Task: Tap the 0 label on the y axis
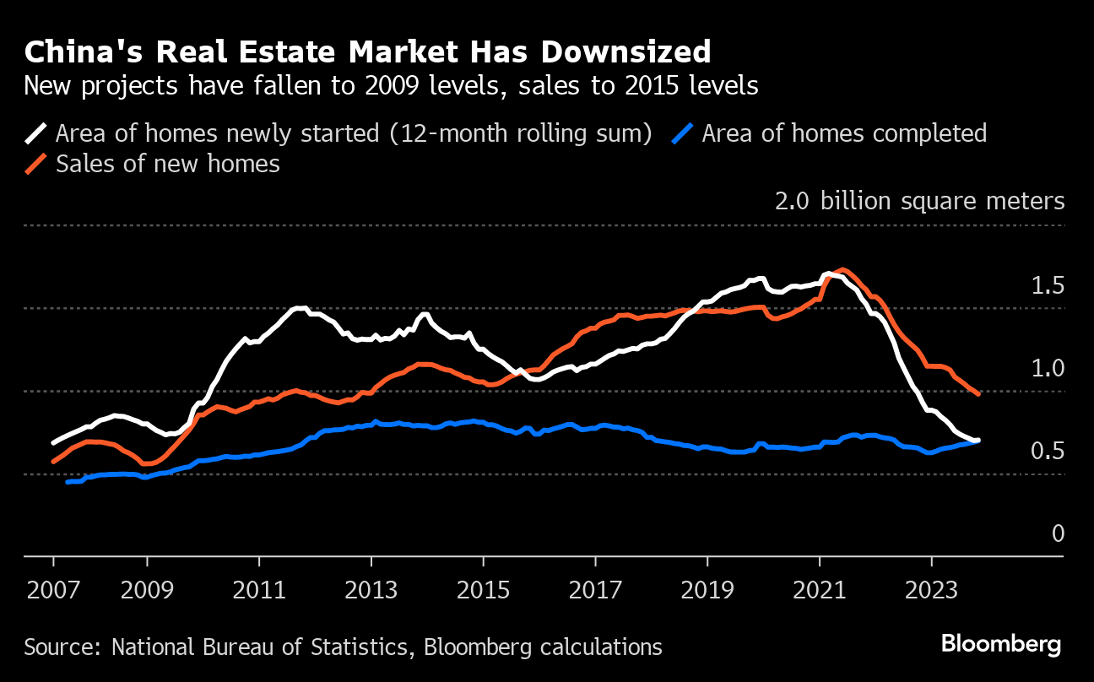(x=1058, y=534)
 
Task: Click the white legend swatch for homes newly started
(x=38, y=133)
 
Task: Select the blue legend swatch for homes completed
(x=685, y=133)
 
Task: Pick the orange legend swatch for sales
(x=38, y=163)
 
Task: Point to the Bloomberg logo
(x=1001, y=645)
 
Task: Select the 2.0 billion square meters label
(x=919, y=202)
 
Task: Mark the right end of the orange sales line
(x=978, y=394)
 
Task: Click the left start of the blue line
(x=68, y=481)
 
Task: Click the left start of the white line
(x=54, y=442)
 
